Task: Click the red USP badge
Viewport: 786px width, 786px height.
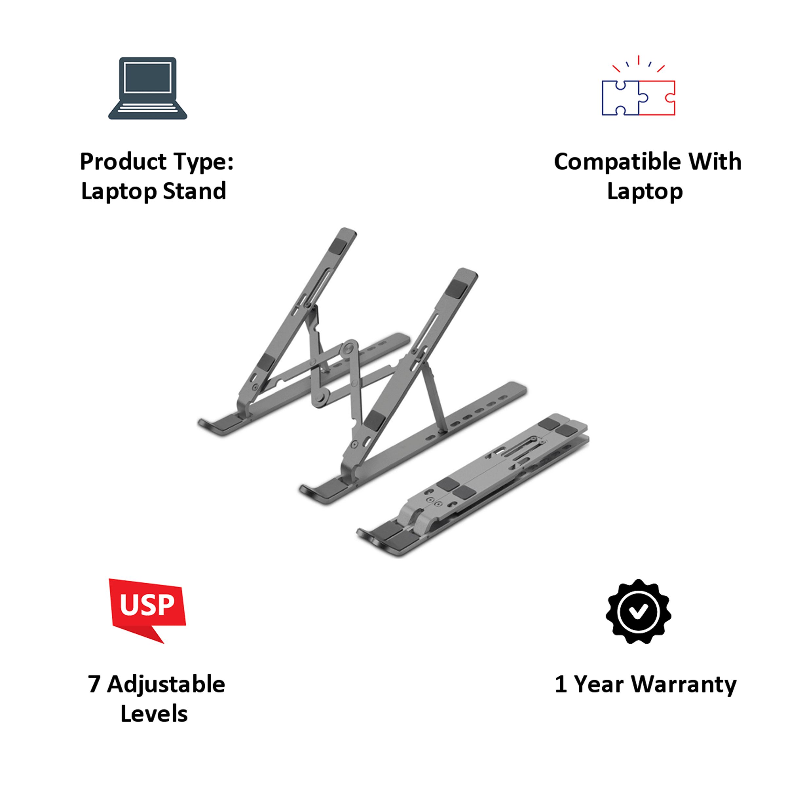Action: click(147, 609)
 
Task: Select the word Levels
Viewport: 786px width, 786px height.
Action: click(154, 714)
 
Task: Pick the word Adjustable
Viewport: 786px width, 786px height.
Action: click(166, 685)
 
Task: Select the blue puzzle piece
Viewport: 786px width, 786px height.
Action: click(620, 98)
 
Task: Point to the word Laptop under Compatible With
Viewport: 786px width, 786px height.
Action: click(645, 191)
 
